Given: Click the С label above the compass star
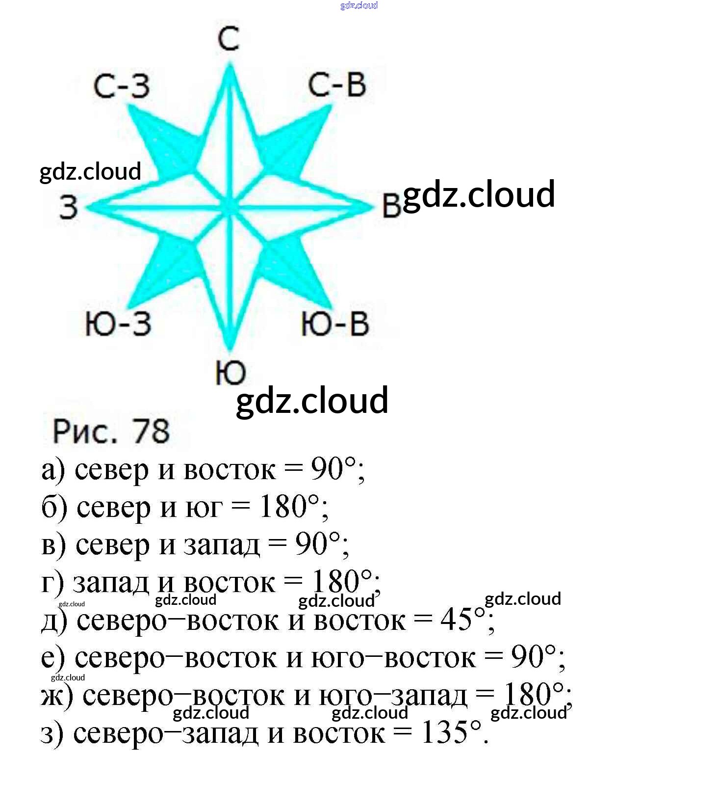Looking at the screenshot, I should (x=229, y=39).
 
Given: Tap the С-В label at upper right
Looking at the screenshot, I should (x=337, y=84).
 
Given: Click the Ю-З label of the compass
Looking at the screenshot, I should (x=118, y=324).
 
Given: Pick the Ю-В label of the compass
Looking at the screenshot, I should (x=335, y=324).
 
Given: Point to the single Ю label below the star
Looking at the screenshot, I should (x=230, y=373).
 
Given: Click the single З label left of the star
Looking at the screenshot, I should (x=69, y=207).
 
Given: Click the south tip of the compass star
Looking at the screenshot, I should (x=230, y=347).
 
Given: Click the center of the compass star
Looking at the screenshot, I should (x=230, y=207).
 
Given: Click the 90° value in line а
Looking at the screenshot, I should (x=333, y=469).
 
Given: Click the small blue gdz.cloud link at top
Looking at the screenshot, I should (x=359, y=5).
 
